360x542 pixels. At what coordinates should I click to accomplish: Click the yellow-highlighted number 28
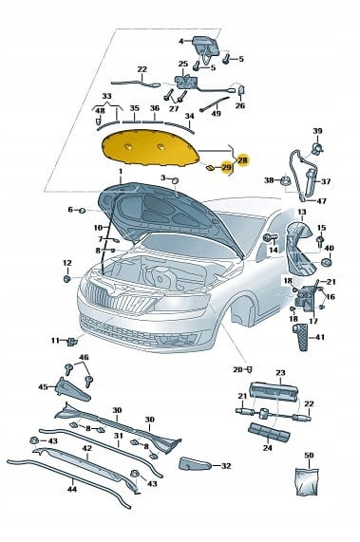pos(243,160)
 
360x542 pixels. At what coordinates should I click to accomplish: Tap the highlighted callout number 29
pos(226,168)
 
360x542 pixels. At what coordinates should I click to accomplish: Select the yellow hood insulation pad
pos(150,147)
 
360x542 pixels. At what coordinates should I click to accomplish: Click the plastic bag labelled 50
pos(308,481)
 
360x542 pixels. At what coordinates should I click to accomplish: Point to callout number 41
pos(320,336)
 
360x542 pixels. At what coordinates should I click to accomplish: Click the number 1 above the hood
pos(121,172)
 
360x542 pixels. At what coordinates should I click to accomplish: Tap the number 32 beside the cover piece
pos(225,466)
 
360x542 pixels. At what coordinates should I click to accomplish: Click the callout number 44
pos(72,489)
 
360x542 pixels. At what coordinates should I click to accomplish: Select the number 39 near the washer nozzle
pos(317,131)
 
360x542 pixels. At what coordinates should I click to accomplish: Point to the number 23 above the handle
pos(280,373)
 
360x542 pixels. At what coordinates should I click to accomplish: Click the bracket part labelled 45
pos(72,389)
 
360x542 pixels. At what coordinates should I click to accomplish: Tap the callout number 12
pos(67,263)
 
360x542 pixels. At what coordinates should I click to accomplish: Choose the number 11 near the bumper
pos(56,341)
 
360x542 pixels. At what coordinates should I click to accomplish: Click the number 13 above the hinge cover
pos(301,212)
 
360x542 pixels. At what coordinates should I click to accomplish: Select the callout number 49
pos(216,113)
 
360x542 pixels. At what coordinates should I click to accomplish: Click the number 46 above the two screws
pos(84,357)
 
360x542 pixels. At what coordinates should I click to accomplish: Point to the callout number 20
pos(237,369)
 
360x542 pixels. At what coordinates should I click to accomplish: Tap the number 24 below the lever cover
pos(267,448)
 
